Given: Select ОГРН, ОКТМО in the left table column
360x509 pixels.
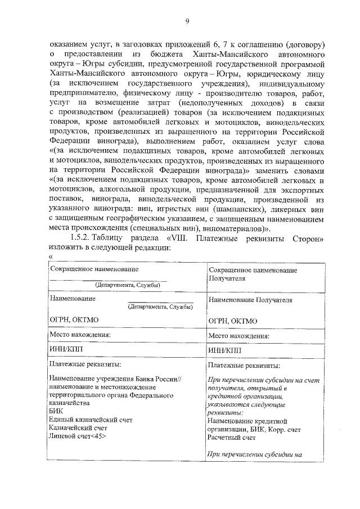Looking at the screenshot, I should tap(74, 320).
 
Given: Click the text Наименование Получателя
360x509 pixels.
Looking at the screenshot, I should tap(250, 300).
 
